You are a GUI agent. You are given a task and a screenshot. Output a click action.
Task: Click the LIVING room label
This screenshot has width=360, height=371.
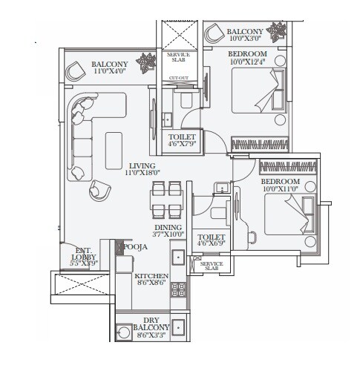point(141,165)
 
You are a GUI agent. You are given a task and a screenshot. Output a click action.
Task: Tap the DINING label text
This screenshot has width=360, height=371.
point(168,228)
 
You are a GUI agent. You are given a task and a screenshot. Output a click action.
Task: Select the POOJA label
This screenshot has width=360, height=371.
point(134,244)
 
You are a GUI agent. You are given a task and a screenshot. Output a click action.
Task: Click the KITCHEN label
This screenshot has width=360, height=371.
point(151,275)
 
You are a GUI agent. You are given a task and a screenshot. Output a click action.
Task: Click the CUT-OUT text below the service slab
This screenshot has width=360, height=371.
point(178,78)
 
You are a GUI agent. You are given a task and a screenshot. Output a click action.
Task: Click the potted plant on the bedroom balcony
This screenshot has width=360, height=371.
point(278,32)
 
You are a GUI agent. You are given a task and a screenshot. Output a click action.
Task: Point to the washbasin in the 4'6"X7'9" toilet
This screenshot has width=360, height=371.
point(168,117)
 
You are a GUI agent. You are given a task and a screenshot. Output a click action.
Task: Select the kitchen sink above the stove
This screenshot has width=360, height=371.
point(178,258)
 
